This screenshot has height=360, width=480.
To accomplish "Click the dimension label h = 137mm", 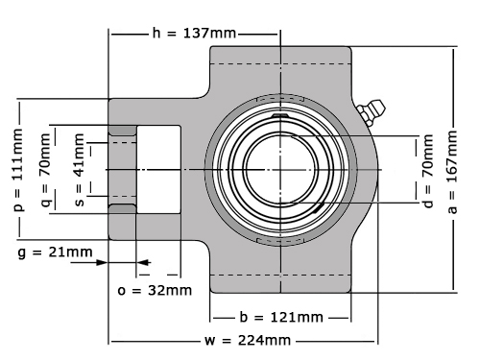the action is [x=194, y=33].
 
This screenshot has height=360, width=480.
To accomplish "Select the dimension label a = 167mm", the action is [x=452, y=172].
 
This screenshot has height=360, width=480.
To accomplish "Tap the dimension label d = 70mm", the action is [x=428, y=171].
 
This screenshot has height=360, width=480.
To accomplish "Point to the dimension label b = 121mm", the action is [x=281, y=317].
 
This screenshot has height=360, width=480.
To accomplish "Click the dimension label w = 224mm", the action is [x=248, y=340].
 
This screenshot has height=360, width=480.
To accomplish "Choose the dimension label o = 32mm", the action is [x=155, y=291].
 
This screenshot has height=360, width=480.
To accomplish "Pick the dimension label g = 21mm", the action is [x=55, y=252].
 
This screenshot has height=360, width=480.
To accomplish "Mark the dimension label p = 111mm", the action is [x=18, y=170].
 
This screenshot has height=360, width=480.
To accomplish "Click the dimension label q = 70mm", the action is [x=46, y=170].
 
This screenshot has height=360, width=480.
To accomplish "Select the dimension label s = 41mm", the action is [x=79, y=170].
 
